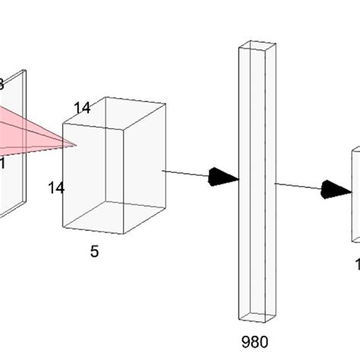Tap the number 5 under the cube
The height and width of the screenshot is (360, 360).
coord(94,251)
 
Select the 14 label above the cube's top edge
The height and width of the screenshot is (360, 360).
coord(82,109)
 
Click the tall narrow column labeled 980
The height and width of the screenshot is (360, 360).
coord(256,182)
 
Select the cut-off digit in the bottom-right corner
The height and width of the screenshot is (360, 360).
coord(357,264)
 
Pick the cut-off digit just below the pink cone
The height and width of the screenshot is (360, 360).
coord(2,162)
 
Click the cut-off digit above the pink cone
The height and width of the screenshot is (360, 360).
coord(2,84)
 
